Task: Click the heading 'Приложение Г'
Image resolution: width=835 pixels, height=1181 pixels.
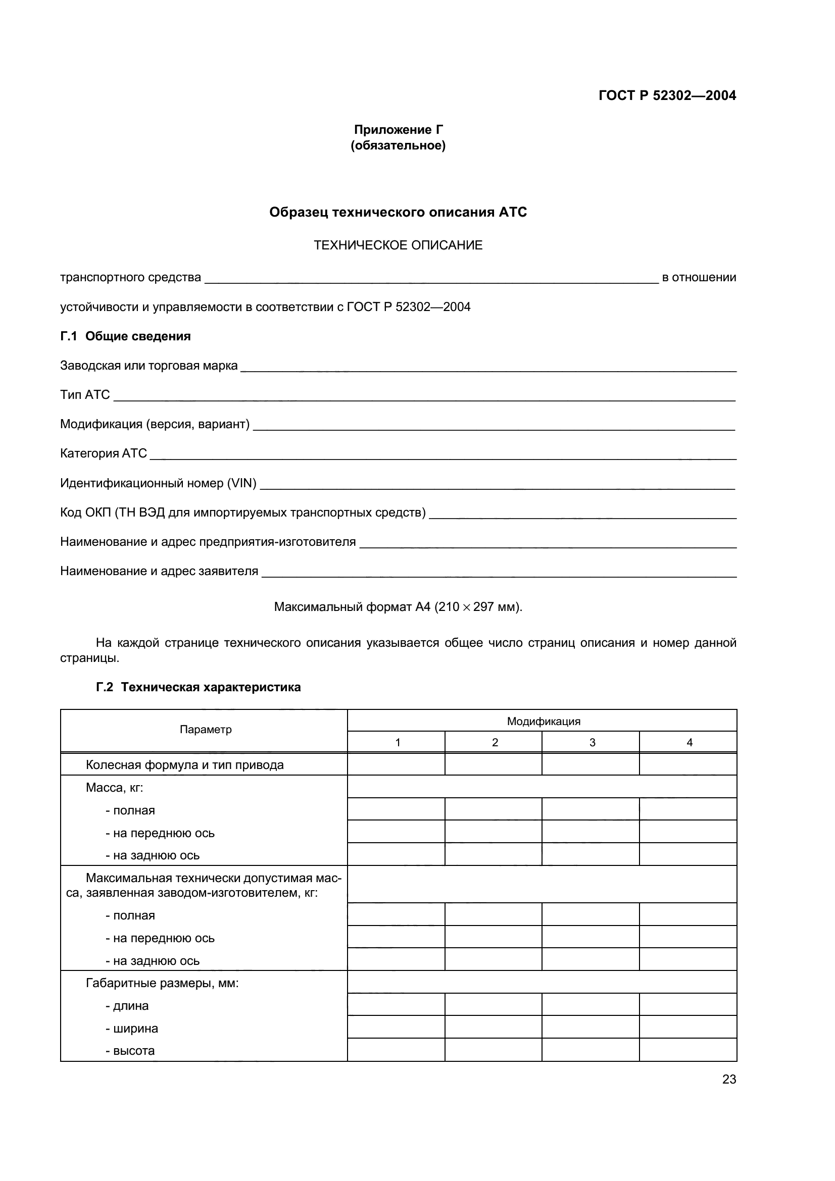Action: coord(398,130)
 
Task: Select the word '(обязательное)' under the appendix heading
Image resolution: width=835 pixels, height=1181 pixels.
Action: coord(398,146)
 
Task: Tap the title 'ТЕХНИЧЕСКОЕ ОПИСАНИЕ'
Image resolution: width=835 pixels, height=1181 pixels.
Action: coord(398,245)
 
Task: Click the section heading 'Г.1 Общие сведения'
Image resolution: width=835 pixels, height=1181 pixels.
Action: coord(126,336)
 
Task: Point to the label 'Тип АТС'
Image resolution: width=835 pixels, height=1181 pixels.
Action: coord(85,395)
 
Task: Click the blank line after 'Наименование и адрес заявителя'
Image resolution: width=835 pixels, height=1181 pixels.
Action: coord(499,573)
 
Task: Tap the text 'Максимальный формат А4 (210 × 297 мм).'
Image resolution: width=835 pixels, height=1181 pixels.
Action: coord(398,607)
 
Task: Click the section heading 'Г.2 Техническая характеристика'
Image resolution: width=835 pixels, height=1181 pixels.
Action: coord(199,687)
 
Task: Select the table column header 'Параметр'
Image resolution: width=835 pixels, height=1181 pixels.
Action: coord(206,730)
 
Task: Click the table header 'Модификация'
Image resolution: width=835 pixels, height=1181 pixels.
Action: coord(544,721)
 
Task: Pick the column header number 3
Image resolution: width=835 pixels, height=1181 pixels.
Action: coord(592,742)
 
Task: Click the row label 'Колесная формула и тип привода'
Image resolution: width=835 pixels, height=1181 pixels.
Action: coord(185,765)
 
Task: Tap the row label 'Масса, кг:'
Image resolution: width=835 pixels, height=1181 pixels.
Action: coord(114,788)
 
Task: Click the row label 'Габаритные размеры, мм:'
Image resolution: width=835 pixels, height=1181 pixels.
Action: coord(162,983)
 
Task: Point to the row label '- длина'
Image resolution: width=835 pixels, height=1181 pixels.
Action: coord(127,1006)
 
